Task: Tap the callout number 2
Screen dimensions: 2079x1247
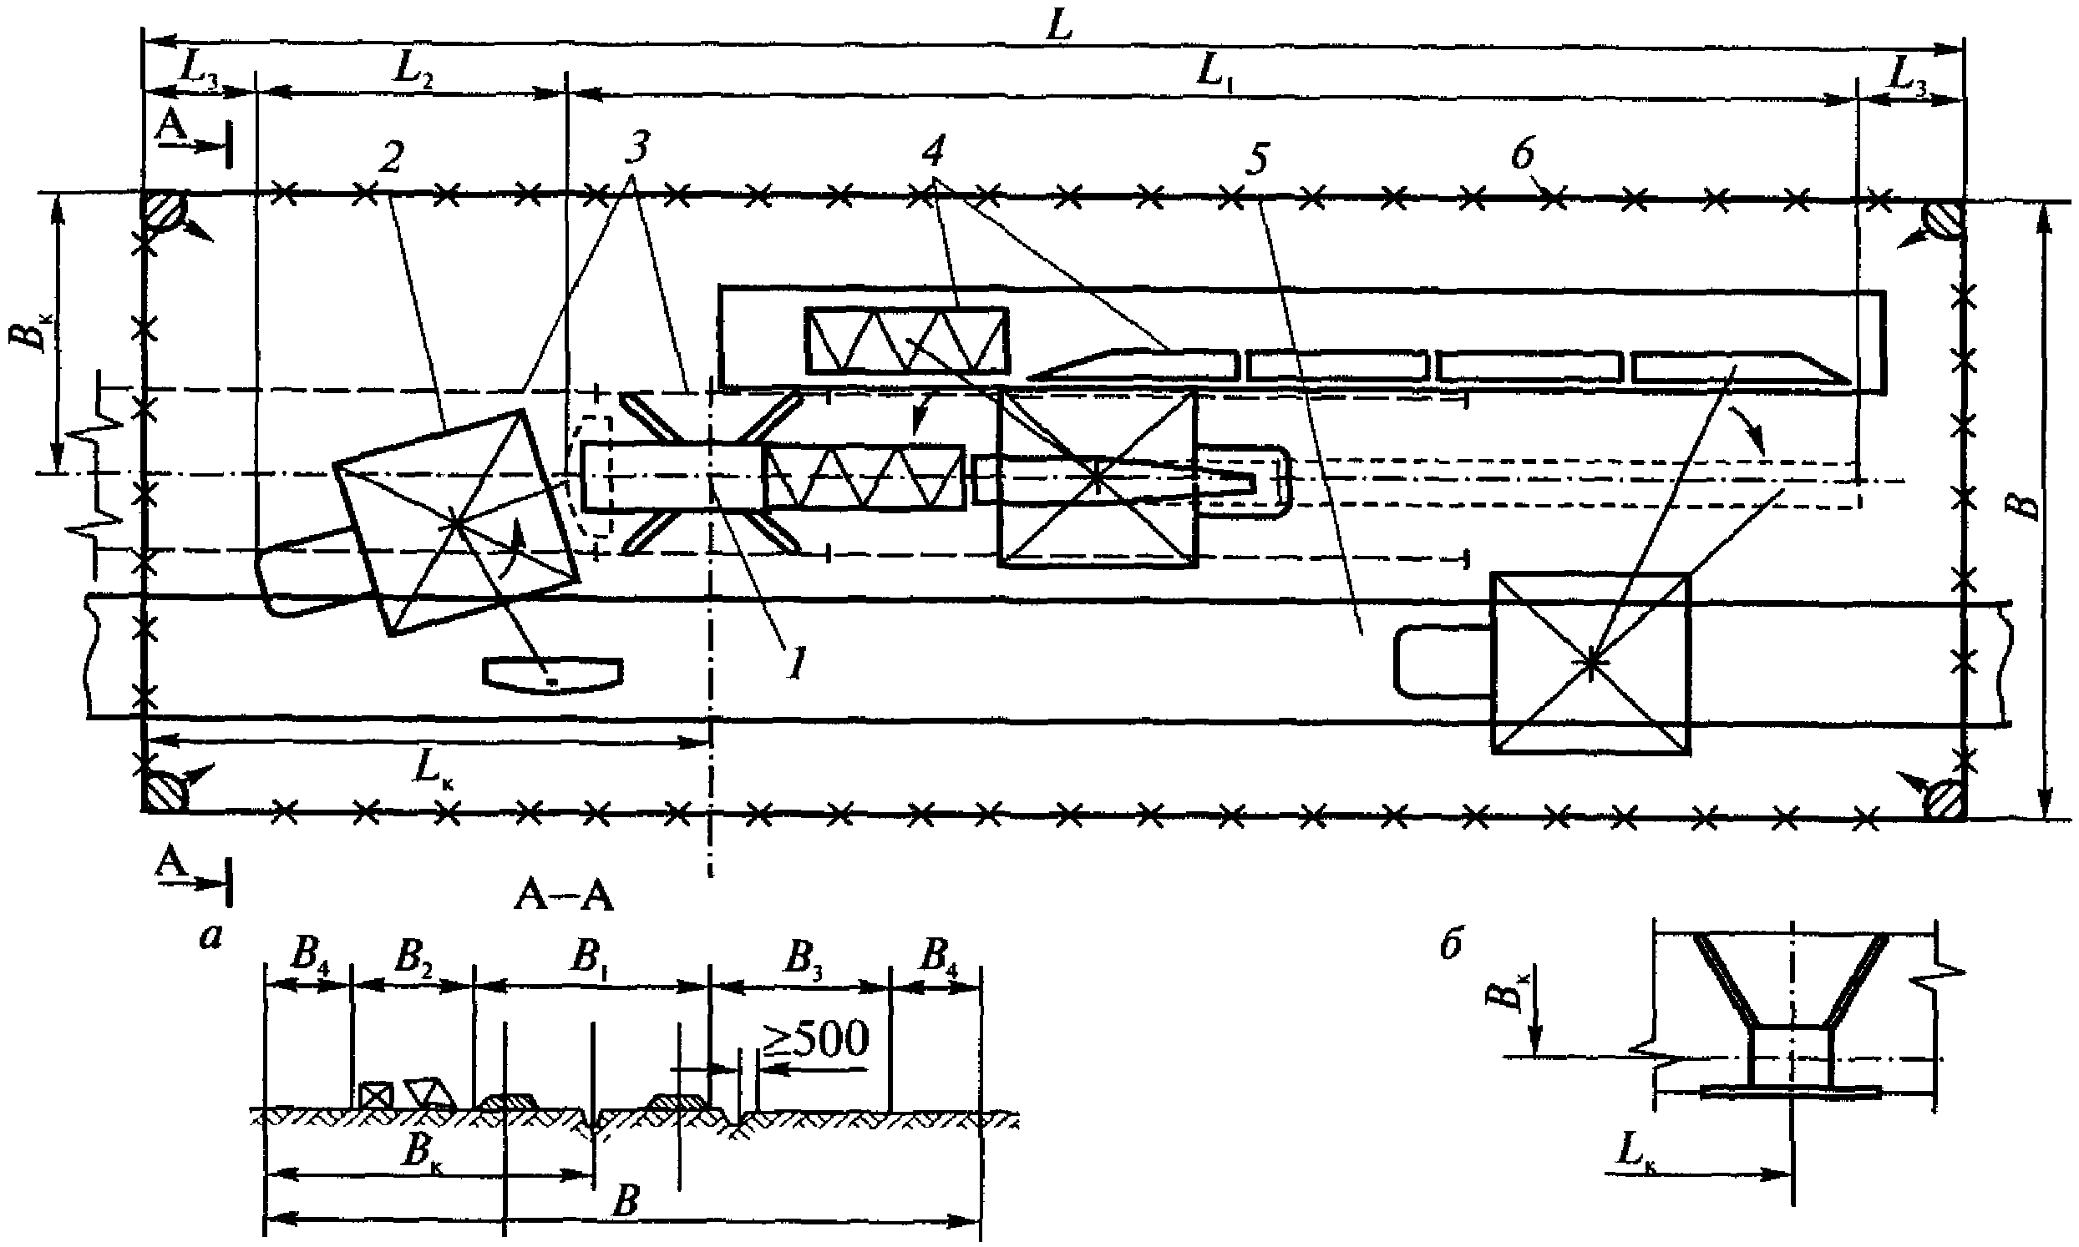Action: click(x=390, y=158)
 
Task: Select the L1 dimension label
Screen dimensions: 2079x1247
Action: click(x=1210, y=76)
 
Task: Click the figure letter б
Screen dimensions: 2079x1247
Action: click(x=1449, y=946)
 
